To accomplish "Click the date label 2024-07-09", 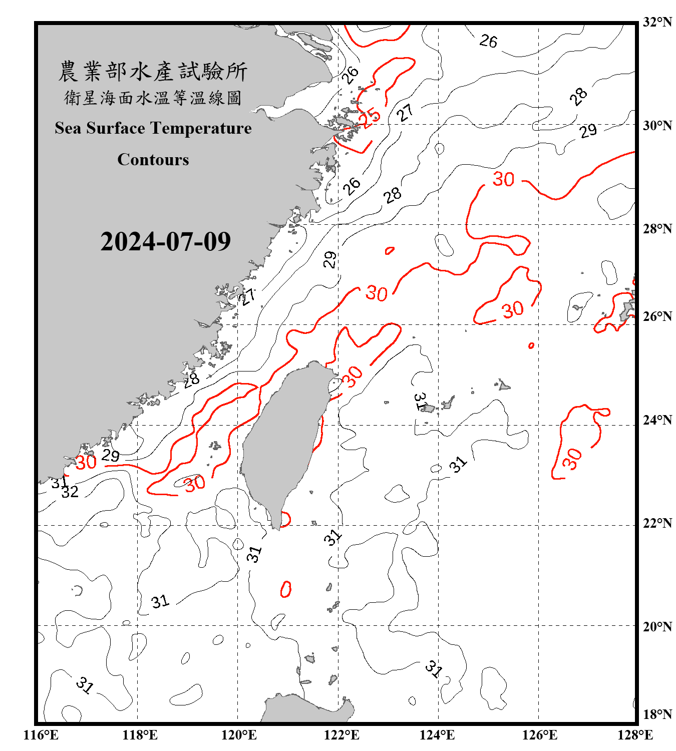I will (x=165, y=242).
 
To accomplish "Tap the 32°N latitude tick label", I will (x=657, y=22).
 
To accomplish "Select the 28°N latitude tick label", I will (x=657, y=229).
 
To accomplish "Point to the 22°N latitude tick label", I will (x=657, y=523).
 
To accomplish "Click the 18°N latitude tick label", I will (x=657, y=714).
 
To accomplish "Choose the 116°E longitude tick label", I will (x=41, y=735).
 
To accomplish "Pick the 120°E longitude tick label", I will (x=239, y=735).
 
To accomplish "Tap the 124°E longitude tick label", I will (x=437, y=735).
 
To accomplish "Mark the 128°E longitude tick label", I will (x=635, y=735).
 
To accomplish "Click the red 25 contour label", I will (x=371, y=117).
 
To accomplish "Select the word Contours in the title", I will (x=153, y=160).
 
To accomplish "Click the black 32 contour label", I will (x=70, y=492).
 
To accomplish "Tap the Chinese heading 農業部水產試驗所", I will (x=153, y=72).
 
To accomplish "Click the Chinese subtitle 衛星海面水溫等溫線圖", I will (x=153, y=98).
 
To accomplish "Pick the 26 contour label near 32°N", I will (x=488, y=41).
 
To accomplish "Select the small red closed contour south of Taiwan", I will (x=286, y=589).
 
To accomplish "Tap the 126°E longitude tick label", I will (x=539, y=735).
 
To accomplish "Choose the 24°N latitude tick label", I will (x=657, y=420).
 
